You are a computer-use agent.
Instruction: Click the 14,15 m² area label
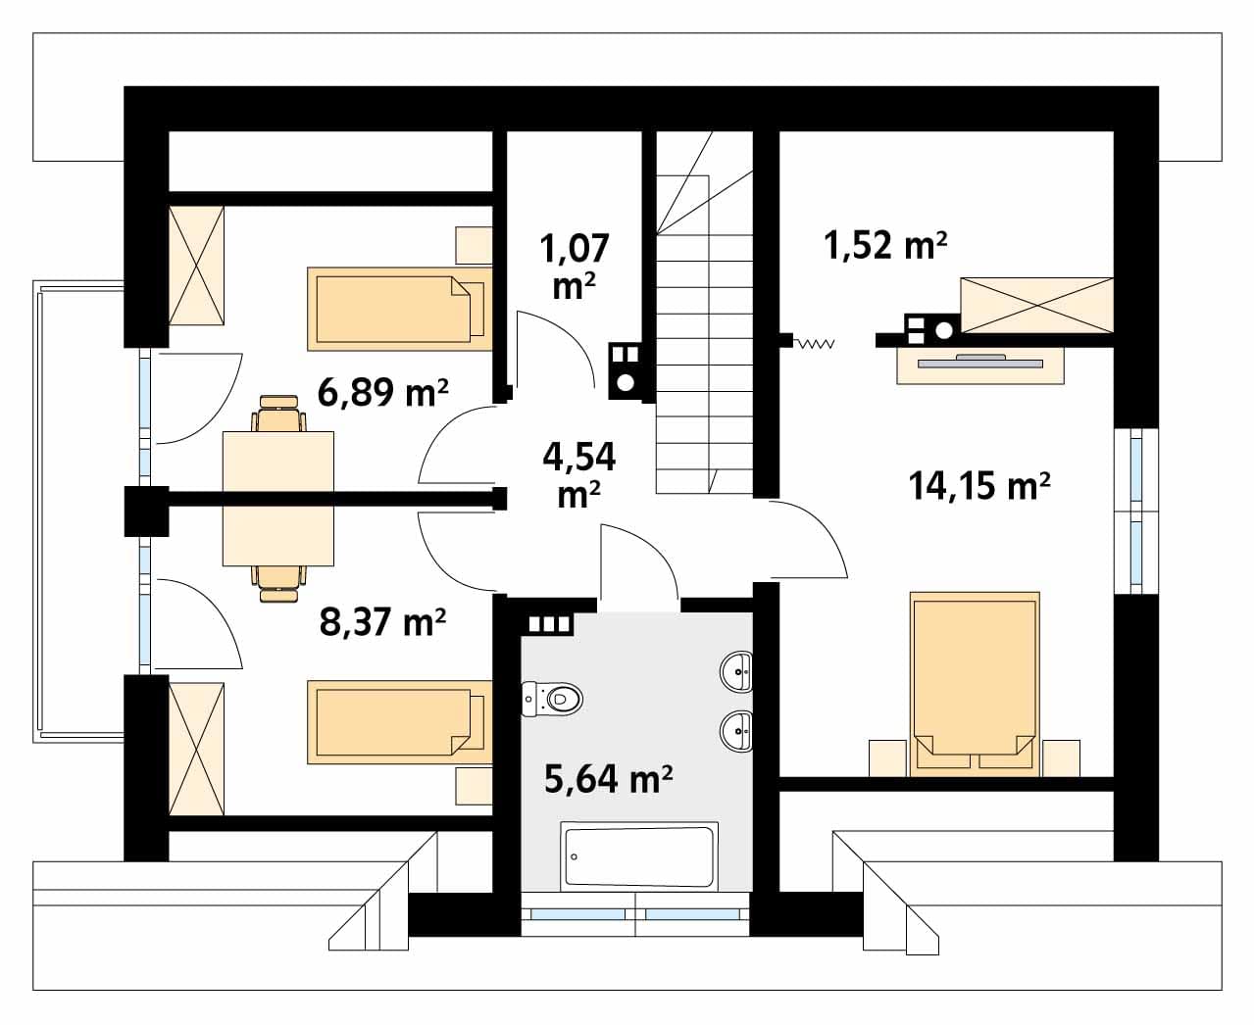click(978, 485)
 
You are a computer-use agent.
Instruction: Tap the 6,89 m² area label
click(382, 392)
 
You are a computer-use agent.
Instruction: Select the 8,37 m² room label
click(382, 622)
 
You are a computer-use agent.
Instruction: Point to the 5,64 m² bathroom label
click(608, 779)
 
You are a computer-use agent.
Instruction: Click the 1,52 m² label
click(885, 244)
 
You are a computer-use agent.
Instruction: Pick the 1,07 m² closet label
click(574, 267)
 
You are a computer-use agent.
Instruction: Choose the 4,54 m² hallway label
click(578, 474)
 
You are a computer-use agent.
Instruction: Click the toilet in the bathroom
click(552, 700)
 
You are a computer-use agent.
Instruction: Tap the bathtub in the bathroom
click(639, 856)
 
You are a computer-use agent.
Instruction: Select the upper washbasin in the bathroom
click(736, 671)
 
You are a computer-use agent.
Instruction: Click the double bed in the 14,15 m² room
click(975, 684)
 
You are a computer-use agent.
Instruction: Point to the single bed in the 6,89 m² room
click(400, 309)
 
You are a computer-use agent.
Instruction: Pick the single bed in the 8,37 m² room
click(400, 722)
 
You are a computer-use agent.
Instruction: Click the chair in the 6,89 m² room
click(278, 414)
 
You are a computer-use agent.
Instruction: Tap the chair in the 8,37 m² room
click(278, 584)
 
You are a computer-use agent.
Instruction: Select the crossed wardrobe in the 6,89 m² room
click(196, 266)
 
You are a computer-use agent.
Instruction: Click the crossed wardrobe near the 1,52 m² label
click(1037, 306)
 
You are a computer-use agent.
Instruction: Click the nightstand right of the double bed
click(1062, 757)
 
